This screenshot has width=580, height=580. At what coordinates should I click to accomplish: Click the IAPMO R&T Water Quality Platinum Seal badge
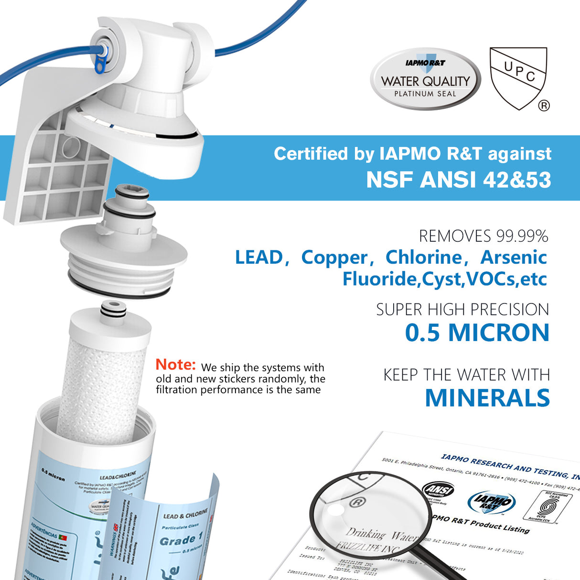[425, 78]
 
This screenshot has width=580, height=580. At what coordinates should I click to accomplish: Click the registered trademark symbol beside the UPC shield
[544, 106]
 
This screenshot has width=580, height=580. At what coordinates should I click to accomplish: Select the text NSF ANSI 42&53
[458, 180]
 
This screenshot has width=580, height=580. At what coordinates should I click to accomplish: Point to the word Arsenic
[514, 258]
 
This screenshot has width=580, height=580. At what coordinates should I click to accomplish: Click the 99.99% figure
[522, 236]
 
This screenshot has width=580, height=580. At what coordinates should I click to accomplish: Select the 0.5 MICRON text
[477, 333]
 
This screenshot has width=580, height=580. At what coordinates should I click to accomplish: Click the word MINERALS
[487, 398]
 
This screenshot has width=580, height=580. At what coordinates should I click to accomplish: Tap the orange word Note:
[175, 365]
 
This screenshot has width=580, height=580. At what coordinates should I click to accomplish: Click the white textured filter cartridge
[102, 387]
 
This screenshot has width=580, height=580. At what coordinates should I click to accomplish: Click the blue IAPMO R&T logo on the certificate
[491, 502]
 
